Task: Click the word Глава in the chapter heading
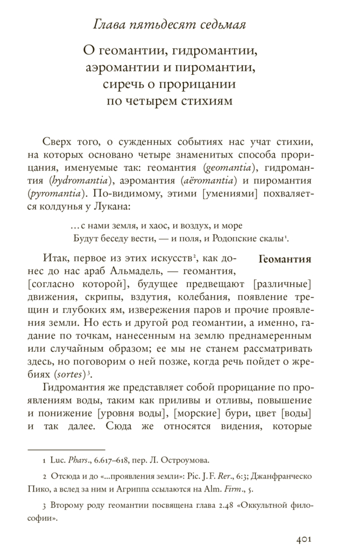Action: point(107,24)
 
